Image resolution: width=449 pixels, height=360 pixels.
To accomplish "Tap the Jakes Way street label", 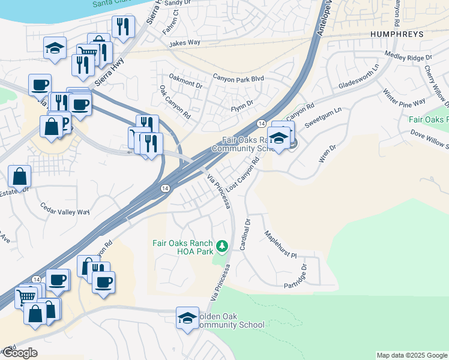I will click(185, 43).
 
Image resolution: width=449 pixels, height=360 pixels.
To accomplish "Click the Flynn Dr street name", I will click(244, 109).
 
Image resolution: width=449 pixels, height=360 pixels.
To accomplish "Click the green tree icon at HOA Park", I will click(222, 245).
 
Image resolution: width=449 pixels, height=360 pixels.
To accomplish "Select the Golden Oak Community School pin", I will click(187, 318).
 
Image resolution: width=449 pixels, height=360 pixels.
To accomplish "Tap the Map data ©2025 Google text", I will click(411, 355).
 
